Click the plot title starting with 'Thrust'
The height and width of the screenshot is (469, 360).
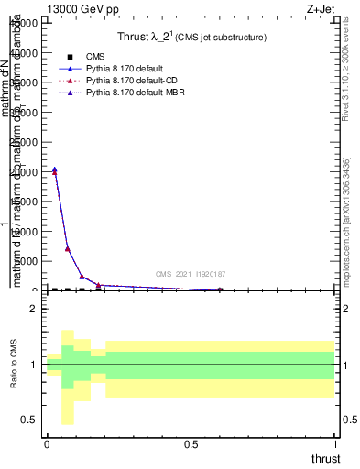(x=191, y=38)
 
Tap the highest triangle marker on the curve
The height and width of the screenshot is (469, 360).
(x=55, y=169)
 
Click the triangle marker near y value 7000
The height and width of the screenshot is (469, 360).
(x=68, y=248)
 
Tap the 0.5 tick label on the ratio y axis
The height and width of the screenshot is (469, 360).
(x=30, y=420)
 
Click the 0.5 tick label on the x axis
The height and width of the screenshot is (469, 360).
(x=191, y=444)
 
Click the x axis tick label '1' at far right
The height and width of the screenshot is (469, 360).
(x=335, y=444)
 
